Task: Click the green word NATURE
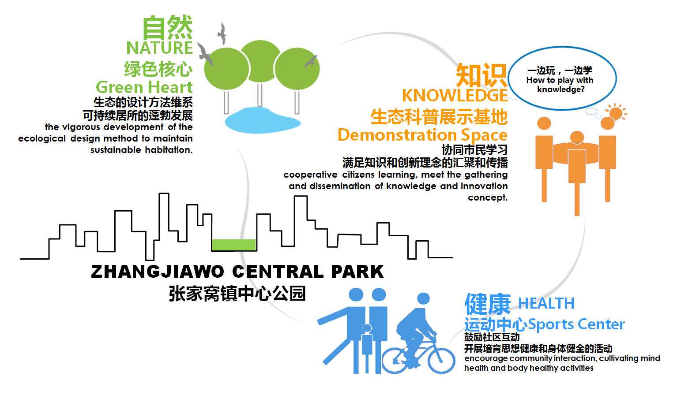[x=159, y=48]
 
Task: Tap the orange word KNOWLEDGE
[x=455, y=96]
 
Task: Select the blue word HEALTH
[x=546, y=303]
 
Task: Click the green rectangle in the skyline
[x=233, y=245]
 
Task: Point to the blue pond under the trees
[x=262, y=120]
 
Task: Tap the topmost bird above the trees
[x=222, y=33]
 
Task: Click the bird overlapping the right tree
[x=311, y=61]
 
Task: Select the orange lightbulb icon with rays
[x=617, y=113]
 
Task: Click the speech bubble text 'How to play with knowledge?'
[x=560, y=85]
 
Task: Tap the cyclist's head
[x=423, y=298]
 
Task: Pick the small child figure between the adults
[x=367, y=347]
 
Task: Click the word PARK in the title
[x=357, y=272]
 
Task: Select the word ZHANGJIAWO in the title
[x=158, y=272]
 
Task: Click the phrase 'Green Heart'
[x=144, y=88]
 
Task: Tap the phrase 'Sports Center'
[x=576, y=324]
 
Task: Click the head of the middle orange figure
[x=577, y=138]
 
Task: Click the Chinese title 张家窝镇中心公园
[x=237, y=294]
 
